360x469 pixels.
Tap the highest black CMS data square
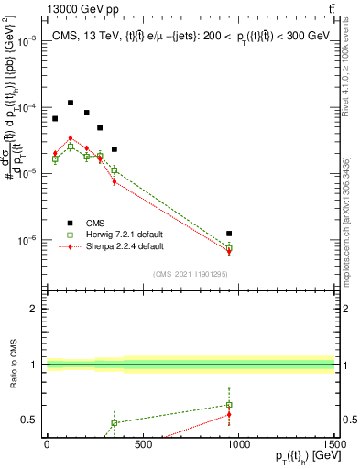71,103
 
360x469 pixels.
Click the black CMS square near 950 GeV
229,234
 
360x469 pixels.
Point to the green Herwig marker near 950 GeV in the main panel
229,248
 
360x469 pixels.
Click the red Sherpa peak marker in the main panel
71,138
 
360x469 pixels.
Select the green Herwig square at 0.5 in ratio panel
115,423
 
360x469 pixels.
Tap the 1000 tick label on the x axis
238,445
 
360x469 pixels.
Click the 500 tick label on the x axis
142,445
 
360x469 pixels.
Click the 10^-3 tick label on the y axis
27,41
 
